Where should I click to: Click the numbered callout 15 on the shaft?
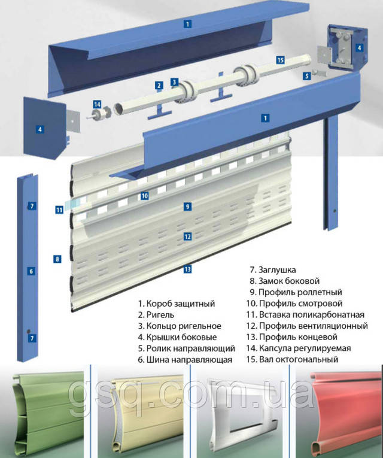(x=281, y=60)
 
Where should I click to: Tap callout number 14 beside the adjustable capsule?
(x=97, y=104)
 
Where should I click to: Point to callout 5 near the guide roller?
(x=307, y=76)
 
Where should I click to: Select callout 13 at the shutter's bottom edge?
(x=187, y=269)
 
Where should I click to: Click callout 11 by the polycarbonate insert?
(x=59, y=210)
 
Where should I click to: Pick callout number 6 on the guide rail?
(x=32, y=271)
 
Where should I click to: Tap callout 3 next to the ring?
(x=174, y=82)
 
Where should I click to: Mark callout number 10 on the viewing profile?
(x=144, y=195)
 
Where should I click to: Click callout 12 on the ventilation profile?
(x=187, y=236)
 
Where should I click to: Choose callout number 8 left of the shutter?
(x=57, y=259)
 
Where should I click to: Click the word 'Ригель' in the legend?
(x=160, y=315)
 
